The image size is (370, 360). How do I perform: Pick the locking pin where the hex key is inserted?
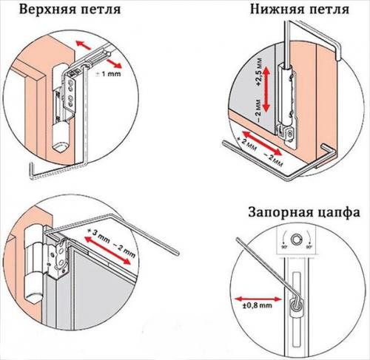pyautogui.click(x=297, y=305)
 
